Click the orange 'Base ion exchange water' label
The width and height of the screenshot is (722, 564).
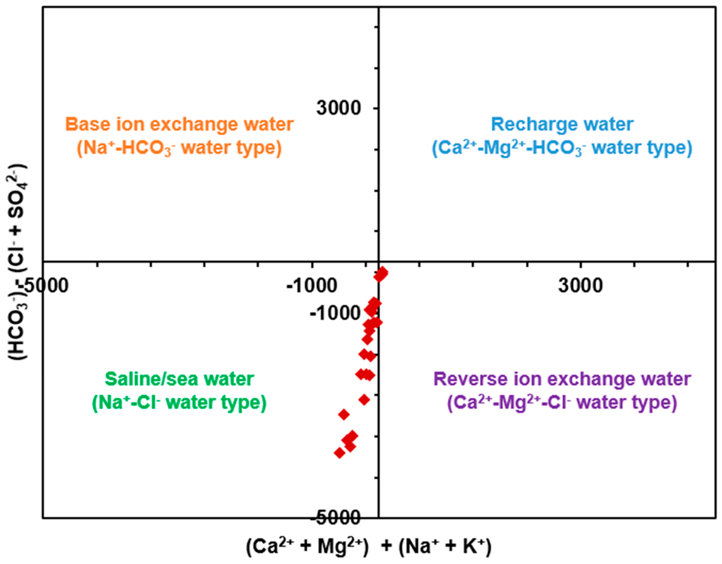tap(180, 124)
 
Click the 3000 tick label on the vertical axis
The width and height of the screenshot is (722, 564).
tap(338, 108)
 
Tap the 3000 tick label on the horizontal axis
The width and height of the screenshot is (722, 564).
tap(581, 285)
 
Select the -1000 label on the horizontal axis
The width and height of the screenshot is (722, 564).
tap(311, 285)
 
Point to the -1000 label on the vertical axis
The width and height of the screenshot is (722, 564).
tap(334, 313)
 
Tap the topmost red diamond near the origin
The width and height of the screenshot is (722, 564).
tap(382, 273)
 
